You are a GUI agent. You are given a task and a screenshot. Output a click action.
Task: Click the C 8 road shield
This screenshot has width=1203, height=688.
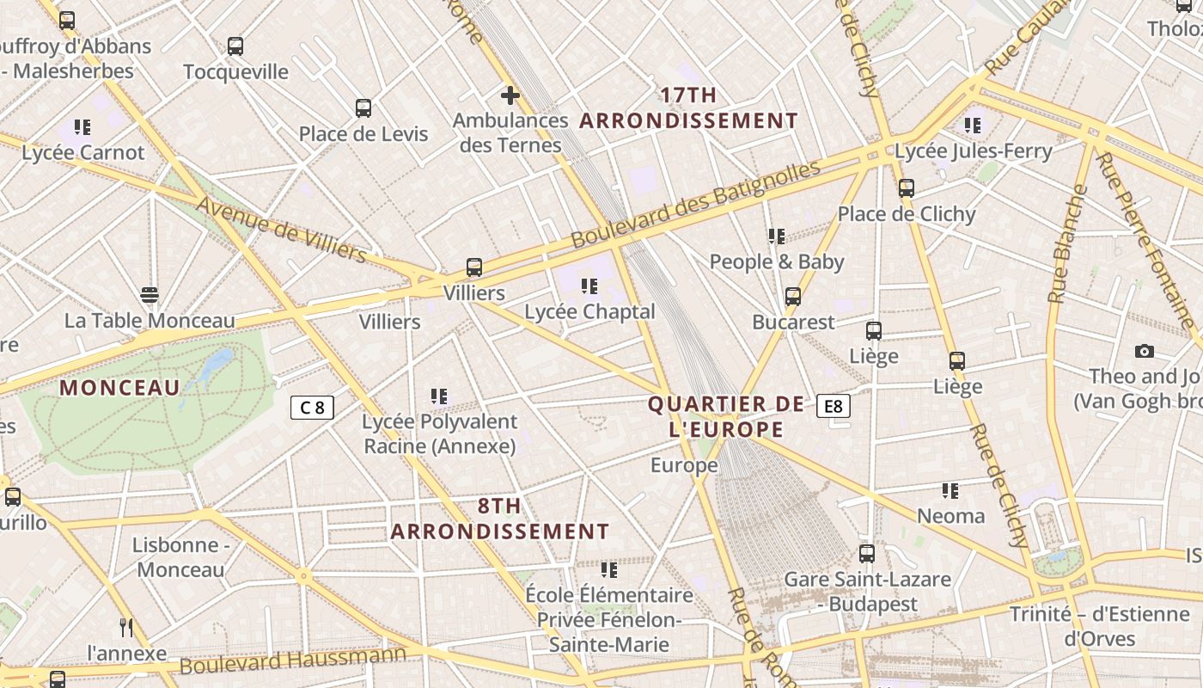(312, 408)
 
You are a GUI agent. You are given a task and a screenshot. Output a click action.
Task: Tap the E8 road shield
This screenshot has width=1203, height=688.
(834, 406)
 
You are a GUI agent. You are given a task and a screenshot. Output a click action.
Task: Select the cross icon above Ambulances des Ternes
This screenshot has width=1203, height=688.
(510, 95)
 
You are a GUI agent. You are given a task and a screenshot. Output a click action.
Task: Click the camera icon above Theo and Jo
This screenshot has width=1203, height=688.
(1144, 351)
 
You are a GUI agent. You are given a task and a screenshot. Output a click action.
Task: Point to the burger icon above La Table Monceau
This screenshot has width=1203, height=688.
(150, 295)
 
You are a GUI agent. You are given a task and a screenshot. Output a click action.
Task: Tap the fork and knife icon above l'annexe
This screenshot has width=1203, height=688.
(126, 627)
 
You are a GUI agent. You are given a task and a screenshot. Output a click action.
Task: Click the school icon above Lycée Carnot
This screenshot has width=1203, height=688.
(82, 127)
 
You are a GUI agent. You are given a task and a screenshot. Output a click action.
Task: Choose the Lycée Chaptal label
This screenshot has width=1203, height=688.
(589, 311)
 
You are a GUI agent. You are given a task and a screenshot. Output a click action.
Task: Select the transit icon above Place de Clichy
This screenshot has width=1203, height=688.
(907, 188)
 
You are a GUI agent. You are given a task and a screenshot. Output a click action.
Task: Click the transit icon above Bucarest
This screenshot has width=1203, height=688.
(793, 297)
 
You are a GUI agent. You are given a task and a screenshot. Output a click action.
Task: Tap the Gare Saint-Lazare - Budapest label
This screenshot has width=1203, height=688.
(867, 592)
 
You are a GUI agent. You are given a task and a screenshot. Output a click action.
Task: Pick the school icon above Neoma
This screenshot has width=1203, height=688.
(950, 491)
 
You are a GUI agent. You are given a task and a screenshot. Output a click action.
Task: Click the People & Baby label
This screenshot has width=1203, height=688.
(777, 261)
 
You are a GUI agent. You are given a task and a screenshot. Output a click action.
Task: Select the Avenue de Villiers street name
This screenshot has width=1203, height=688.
(281, 229)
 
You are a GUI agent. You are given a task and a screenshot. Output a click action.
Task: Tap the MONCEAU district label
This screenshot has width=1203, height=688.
(119, 388)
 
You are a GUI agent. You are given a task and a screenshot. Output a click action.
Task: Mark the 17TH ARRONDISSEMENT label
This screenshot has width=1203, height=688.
(688, 108)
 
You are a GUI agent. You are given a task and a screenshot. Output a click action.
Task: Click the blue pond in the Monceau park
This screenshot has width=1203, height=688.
(215, 363)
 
